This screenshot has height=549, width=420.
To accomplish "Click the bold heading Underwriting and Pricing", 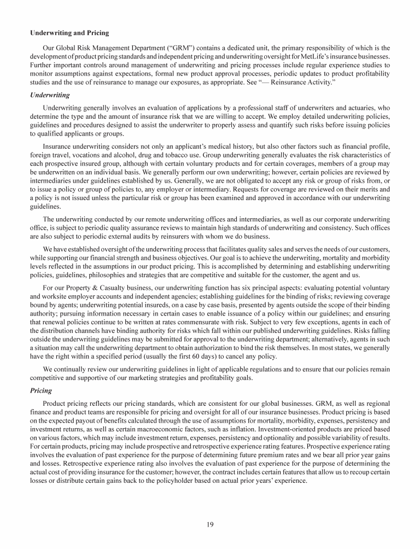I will click(x=69, y=33).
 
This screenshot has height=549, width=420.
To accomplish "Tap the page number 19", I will click(x=210, y=525).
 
